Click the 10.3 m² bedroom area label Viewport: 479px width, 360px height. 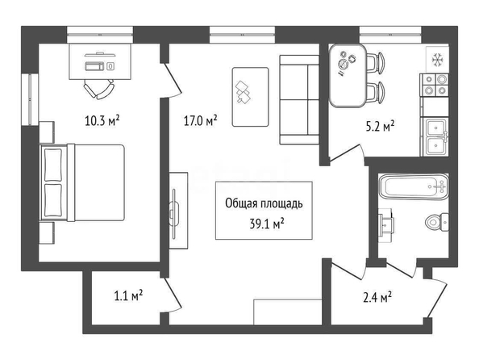click(102, 120)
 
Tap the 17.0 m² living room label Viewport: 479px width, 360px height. click(201, 120)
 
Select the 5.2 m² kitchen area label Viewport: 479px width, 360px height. click(380, 126)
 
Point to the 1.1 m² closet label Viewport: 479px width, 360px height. click(128, 295)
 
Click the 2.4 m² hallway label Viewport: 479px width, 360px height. click(377, 297)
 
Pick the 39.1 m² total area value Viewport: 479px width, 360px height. click(267, 224)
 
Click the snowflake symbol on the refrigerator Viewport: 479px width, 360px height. click(437, 60)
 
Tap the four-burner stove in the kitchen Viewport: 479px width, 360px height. click(435, 85)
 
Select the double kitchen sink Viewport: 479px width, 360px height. click(435, 136)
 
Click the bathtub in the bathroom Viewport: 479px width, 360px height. click(414, 186)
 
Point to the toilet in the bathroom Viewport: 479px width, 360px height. click(437, 222)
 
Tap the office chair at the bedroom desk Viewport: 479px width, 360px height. click(99, 89)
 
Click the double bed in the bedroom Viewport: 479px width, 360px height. click(82, 182)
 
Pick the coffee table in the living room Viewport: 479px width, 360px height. click(251, 97)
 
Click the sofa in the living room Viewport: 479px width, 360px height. click(299, 99)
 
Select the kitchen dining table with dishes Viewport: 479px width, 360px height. click(348, 75)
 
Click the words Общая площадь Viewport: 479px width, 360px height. click(264, 203)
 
